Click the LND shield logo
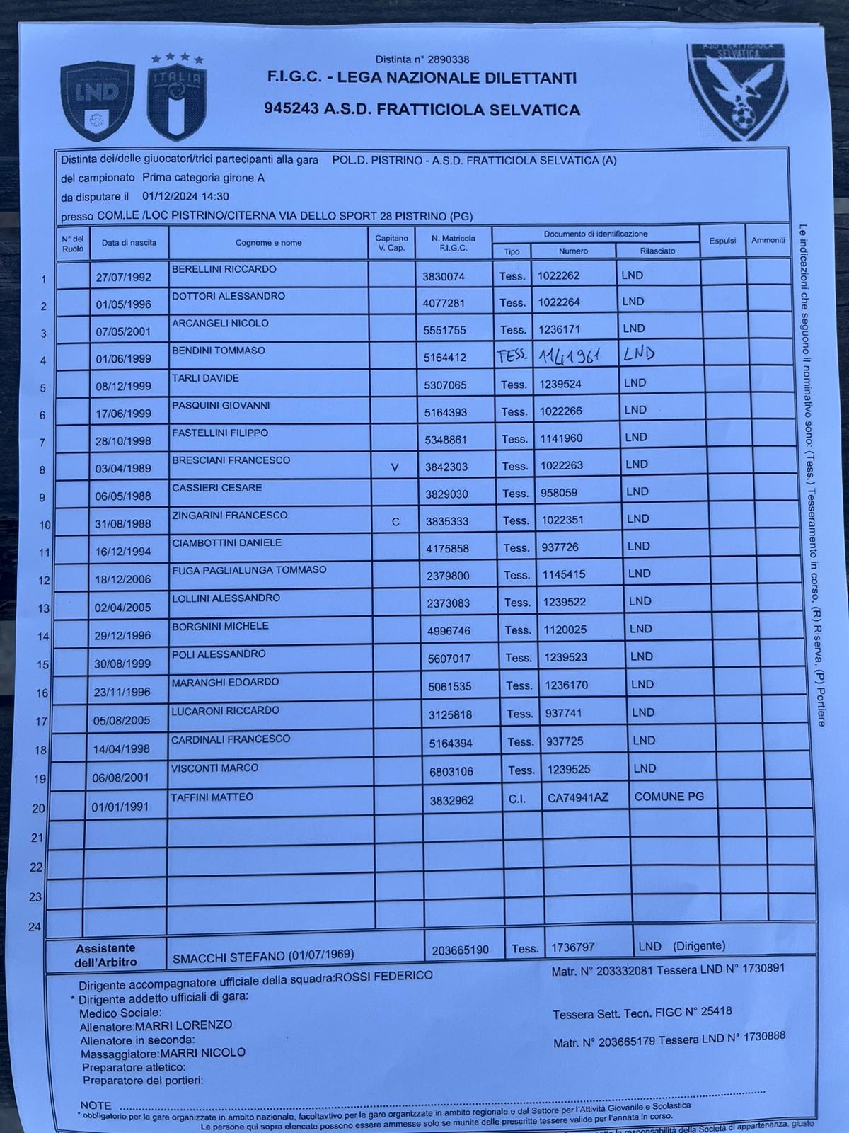click(98, 101)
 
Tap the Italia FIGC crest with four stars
click(178, 97)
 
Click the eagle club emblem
click(737, 90)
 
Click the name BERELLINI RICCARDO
click(224, 269)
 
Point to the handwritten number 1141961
click(569, 355)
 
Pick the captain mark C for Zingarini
click(395, 522)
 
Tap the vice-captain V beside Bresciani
click(395, 467)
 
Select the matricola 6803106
click(451, 772)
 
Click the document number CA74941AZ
click(577, 798)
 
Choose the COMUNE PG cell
click(669, 797)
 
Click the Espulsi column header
click(722, 241)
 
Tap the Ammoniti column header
click(768, 240)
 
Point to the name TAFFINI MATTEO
click(212, 797)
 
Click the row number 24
click(35, 927)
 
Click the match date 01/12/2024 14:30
click(185, 197)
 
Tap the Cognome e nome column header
click(268, 243)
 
